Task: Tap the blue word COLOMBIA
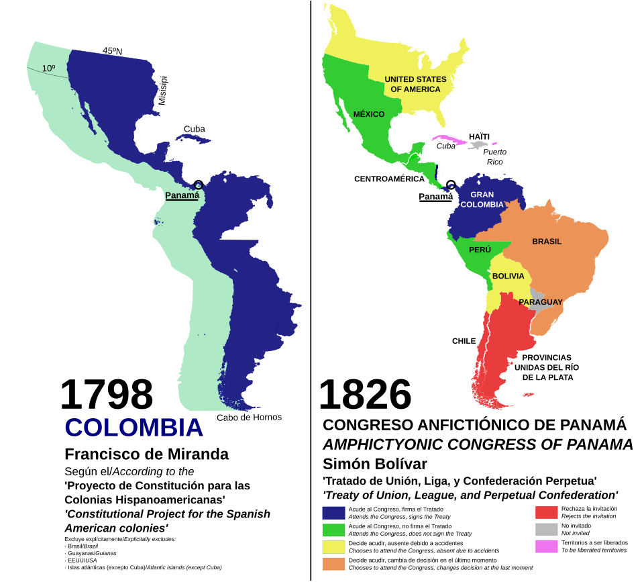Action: pos(133,428)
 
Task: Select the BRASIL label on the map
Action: pos(546,242)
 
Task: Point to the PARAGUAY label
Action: pos(540,302)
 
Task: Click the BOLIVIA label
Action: pos(508,277)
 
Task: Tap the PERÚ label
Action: pos(480,250)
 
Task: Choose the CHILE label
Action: pos(464,341)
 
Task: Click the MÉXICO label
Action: pos(369,114)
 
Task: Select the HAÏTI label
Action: pos(479,136)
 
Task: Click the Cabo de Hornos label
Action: pos(249,418)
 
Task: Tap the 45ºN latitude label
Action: pos(112,50)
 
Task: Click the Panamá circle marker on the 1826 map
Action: pos(451,185)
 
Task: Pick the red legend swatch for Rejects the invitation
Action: pos(546,513)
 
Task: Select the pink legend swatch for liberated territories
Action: pos(546,546)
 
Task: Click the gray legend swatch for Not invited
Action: pos(546,530)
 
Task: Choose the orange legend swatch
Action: pos(333,564)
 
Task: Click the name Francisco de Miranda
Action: pos(146,454)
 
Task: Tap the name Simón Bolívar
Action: pos(374,464)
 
